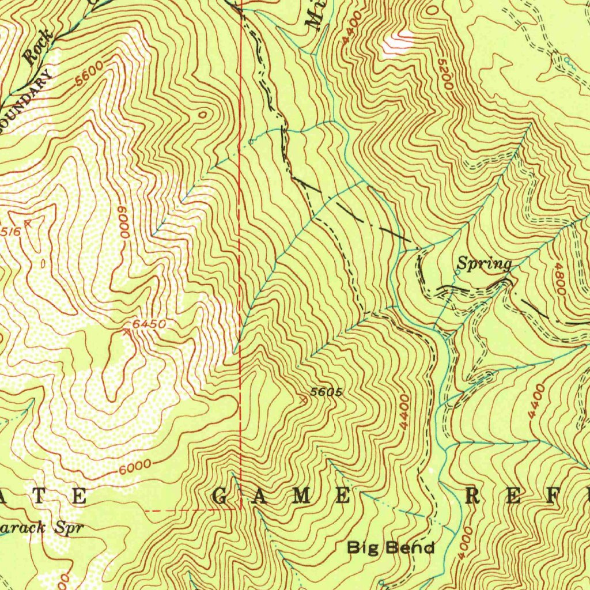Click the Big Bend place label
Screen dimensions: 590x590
pos(391,547)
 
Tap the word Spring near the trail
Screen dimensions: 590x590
pos(484,264)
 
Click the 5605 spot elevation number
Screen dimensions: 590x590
pos(327,392)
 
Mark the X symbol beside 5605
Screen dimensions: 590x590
pos(304,398)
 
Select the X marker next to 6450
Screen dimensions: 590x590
pos(127,331)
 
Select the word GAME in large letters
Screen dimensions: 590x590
pos(283,496)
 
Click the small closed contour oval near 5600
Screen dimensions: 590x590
pos(202,115)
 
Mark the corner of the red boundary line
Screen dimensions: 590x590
pos(240,509)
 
